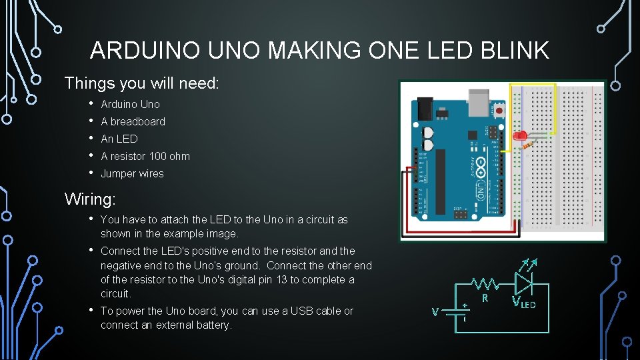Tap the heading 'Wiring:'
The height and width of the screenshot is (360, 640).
point(90,199)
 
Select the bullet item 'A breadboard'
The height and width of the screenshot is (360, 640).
point(133,121)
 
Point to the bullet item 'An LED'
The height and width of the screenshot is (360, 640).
point(119,139)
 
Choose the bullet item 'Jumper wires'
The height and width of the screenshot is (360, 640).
point(132,173)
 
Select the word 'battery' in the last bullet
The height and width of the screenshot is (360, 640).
point(211,325)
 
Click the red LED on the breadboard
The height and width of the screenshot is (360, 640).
point(519,135)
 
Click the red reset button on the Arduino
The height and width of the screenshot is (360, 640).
point(499,109)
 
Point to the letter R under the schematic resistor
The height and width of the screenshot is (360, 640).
point(485,298)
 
